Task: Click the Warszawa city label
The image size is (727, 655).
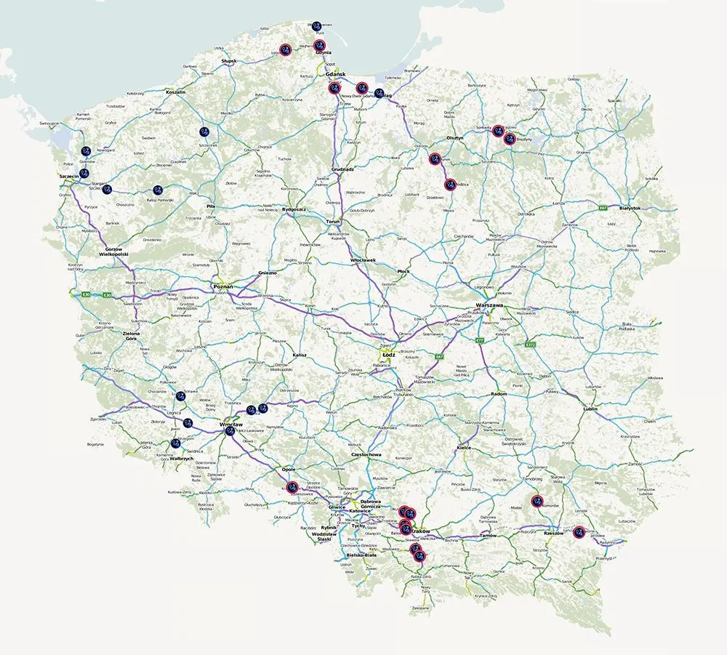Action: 489,305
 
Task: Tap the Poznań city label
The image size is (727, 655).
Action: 222,287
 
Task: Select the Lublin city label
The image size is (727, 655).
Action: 590,409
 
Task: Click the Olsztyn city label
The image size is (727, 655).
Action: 455,137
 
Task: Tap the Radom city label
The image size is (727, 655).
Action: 499,393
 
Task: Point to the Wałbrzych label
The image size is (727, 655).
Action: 180,459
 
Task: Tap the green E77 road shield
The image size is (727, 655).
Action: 479,339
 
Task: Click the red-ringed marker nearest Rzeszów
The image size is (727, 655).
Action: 579,531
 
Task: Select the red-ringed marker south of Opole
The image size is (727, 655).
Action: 292,487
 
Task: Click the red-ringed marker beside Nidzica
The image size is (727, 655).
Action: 450,185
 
